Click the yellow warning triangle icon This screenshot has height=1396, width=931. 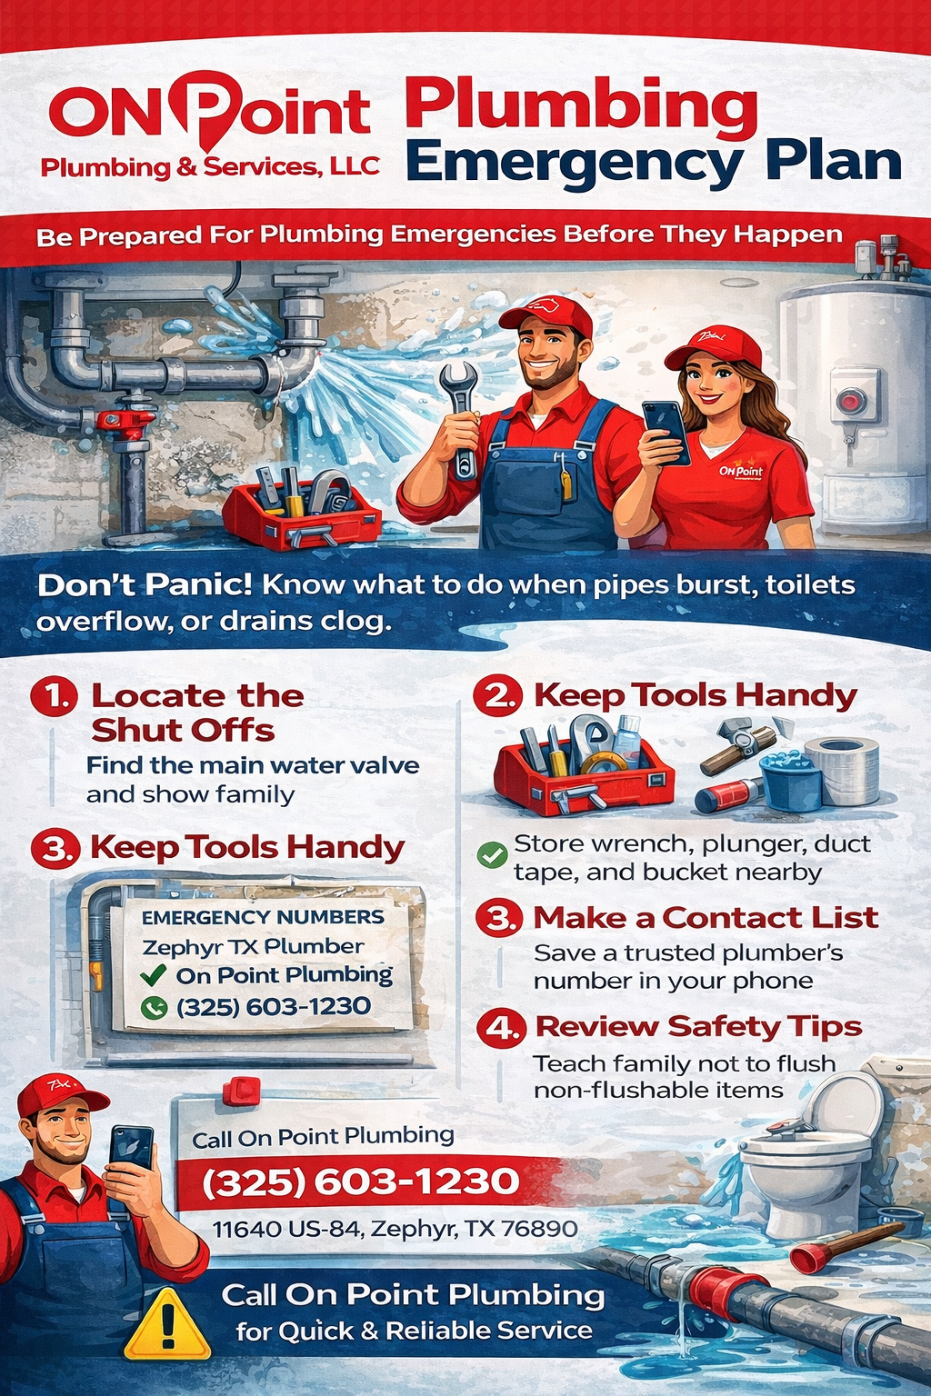pyautogui.click(x=166, y=1326)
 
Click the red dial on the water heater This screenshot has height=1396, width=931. pyautogui.click(x=852, y=401)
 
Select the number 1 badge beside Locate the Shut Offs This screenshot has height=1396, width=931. pyautogui.click(x=54, y=696)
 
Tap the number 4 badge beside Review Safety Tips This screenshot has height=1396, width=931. pyautogui.click(x=501, y=1028)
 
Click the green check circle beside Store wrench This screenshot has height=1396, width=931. pyautogui.click(x=492, y=854)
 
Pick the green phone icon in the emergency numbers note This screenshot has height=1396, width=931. pyautogui.click(x=154, y=1007)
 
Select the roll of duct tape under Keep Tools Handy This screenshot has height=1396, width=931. pyautogui.click(x=842, y=769)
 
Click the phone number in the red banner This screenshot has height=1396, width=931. pyautogui.click(x=360, y=1182)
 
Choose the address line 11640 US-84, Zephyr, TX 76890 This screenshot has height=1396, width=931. pyautogui.click(x=395, y=1229)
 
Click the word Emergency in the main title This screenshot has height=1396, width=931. pyautogui.click(x=574, y=164)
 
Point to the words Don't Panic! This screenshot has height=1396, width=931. pyautogui.click(x=144, y=584)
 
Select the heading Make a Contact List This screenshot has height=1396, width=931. pyautogui.click(x=706, y=918)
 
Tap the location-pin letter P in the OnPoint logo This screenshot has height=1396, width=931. pyautogui.click(x=215, y=109)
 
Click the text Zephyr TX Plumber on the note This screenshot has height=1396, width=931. pyautogui.click(x=253, y=947)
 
